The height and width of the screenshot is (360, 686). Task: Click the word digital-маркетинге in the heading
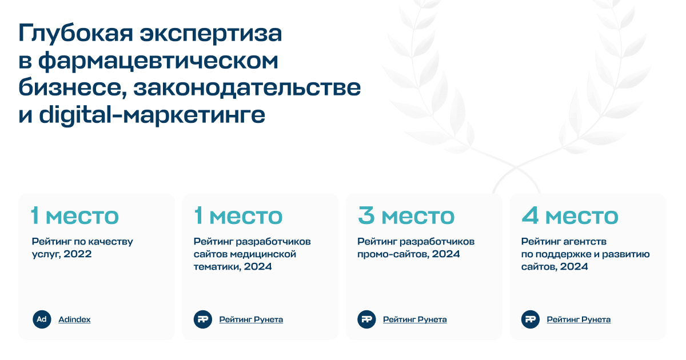[152, 115]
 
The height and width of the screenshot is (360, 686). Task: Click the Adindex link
[74, 319]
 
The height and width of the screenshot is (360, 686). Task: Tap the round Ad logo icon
[42, 319]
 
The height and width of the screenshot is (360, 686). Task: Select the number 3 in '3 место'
[366, 215]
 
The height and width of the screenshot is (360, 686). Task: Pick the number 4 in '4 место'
[530, 215]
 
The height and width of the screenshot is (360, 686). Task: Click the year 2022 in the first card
[78, 254]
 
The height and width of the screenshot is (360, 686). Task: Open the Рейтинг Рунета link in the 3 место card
[414, 319]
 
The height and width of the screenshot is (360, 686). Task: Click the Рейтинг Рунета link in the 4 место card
[579, 319]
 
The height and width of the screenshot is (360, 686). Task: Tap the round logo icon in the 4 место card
[531, 319]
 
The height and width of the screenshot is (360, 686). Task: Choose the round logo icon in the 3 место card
[366, 319]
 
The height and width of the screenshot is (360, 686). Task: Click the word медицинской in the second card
[263, 254]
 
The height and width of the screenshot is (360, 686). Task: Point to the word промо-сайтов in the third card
[393, 254]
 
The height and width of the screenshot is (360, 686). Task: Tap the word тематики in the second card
[217, 267]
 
